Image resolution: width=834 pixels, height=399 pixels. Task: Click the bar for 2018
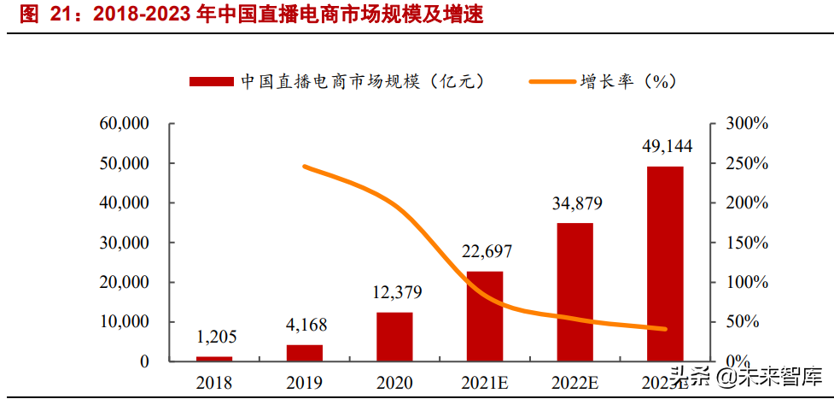tap(213, 358)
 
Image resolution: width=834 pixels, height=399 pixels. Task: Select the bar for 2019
tap(305, 352)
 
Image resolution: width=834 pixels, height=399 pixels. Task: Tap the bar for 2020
tap(394, 337)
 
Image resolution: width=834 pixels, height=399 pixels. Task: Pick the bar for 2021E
tap(485, 316)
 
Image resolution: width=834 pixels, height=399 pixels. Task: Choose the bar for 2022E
tap(574, 291)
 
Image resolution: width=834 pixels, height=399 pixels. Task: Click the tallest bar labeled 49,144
tap(665, 263)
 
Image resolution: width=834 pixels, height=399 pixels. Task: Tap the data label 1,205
tap(214, 337)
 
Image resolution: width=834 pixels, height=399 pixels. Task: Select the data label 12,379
tap(394, 293)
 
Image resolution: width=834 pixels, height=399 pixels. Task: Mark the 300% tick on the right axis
tap(749, 124)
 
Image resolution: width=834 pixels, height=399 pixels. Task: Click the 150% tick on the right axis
tap(749, 243)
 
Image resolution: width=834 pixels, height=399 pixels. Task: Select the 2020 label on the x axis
tap(394, 383)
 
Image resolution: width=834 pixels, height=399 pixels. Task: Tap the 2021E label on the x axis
tap(485, 383)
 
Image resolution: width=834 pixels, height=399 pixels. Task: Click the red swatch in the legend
tap(211, 81)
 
